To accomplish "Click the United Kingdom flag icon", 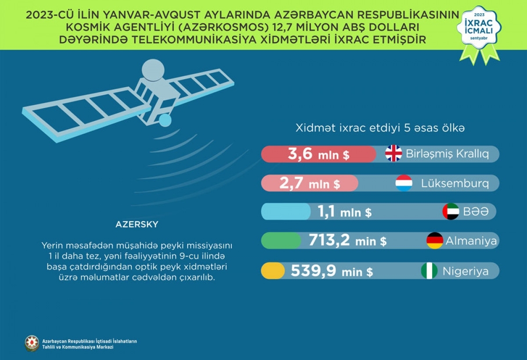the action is (393, 153).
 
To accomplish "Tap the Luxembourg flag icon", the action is (404, 183).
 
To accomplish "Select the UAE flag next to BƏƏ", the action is (451, 211).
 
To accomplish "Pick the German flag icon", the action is (435, 240).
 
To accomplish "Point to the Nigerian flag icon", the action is (429, 271).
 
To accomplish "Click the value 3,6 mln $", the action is (318, 154).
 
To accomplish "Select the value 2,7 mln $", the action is (310, 183).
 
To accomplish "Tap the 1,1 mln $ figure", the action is (345, 211).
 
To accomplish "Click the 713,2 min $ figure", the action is (347, 240).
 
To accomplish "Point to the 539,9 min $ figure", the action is (332, 271).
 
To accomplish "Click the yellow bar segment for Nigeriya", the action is (273, 271).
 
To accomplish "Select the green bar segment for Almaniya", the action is (281, 240).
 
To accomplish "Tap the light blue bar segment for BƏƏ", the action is (286, 211).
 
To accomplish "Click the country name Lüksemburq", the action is (455, 183).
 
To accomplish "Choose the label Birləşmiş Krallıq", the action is (447, 154).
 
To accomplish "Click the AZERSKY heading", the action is (137, 224).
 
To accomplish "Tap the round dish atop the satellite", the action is (153, 70).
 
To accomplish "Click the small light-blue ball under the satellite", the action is (165, 120).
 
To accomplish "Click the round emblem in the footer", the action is (32, 343).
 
